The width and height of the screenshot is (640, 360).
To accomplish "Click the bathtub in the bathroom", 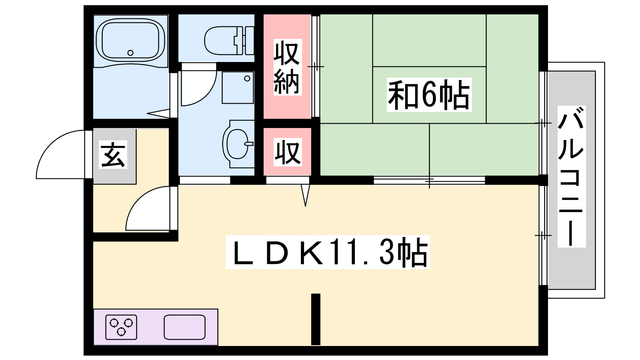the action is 130,40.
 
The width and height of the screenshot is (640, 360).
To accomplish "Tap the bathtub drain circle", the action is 130,53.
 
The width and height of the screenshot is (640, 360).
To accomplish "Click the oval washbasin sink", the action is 238,144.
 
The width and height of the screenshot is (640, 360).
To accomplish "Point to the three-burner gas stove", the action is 121,327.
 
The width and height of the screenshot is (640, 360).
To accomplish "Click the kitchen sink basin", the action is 184,327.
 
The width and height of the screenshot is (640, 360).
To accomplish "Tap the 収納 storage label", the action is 287,67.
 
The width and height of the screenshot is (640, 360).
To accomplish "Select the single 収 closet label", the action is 288,152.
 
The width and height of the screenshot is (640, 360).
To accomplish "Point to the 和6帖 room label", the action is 429,94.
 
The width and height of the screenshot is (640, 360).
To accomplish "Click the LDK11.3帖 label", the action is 328,252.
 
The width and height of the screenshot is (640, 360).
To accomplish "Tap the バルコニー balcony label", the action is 572,176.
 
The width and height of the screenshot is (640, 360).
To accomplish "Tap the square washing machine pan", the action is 238,88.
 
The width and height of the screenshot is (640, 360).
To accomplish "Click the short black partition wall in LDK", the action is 316,319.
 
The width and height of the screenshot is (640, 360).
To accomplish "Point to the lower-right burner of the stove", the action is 128,323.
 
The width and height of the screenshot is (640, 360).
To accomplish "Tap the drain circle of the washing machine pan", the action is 247,78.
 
